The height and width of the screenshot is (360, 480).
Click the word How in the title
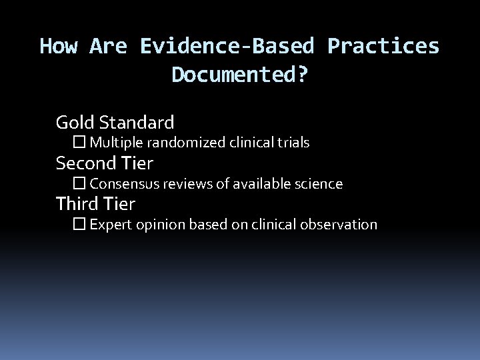point(60,46)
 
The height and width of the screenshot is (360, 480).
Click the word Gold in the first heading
point(75,123)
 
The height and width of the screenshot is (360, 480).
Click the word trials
point(295,143)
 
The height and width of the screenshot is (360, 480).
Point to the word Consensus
point(119,183)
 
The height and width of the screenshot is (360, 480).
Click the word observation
point(341,225)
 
